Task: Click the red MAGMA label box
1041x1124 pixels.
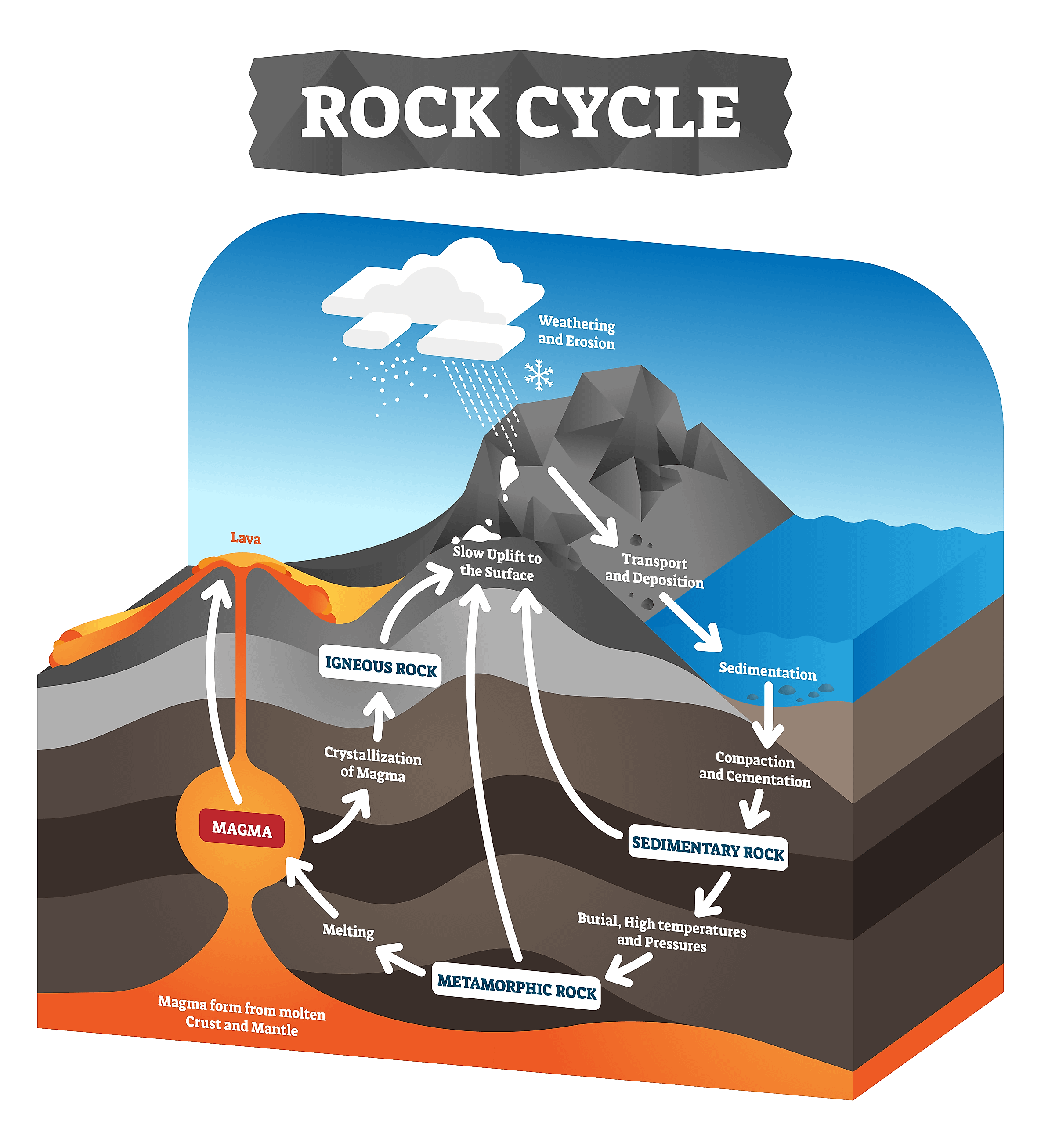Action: pos(242,829)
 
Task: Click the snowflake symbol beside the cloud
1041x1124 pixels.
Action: pos(539,375)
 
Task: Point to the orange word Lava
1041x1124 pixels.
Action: pos(246,538)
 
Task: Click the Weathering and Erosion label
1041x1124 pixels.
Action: pos(576,332)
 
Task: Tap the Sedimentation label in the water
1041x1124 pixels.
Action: pos(767,671)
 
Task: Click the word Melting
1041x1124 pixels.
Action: pos(348,930)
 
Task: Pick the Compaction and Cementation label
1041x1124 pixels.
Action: pos(755,769)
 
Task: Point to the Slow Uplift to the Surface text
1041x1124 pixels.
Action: pos(497,564)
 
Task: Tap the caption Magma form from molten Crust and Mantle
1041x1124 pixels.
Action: pos(242,1016)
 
